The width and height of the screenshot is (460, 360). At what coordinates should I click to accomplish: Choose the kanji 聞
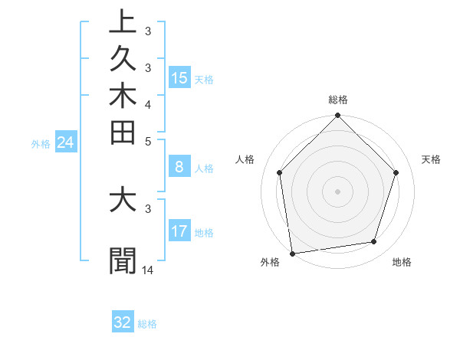pos(123,260)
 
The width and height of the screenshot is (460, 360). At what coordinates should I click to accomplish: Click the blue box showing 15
pos(179,77)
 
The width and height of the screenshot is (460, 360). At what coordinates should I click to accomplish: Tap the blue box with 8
pos(179,167)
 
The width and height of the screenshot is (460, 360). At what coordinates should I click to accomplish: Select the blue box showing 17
pos(179,231)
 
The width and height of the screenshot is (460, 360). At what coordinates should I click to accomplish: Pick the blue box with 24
pos(65,142)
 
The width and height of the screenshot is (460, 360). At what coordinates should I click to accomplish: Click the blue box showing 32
pos(123,322)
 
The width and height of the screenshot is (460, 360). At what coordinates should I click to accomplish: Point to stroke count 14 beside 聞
pos(148,270)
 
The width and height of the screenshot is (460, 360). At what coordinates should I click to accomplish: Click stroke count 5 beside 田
pos(148,140)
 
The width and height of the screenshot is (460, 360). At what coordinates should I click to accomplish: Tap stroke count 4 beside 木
pos(148,103)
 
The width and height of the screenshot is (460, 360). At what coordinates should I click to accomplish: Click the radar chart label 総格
pos(337,100)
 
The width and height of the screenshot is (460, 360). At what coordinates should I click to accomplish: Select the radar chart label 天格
pos(431,159)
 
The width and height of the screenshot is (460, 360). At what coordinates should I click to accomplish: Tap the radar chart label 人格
pos(245,159)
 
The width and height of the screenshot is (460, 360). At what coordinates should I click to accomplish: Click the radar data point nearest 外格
pos(292,253)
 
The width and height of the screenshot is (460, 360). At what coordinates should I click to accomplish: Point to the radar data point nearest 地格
pos(374,242)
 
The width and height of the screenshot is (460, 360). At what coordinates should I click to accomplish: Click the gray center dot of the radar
pos(337,191)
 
